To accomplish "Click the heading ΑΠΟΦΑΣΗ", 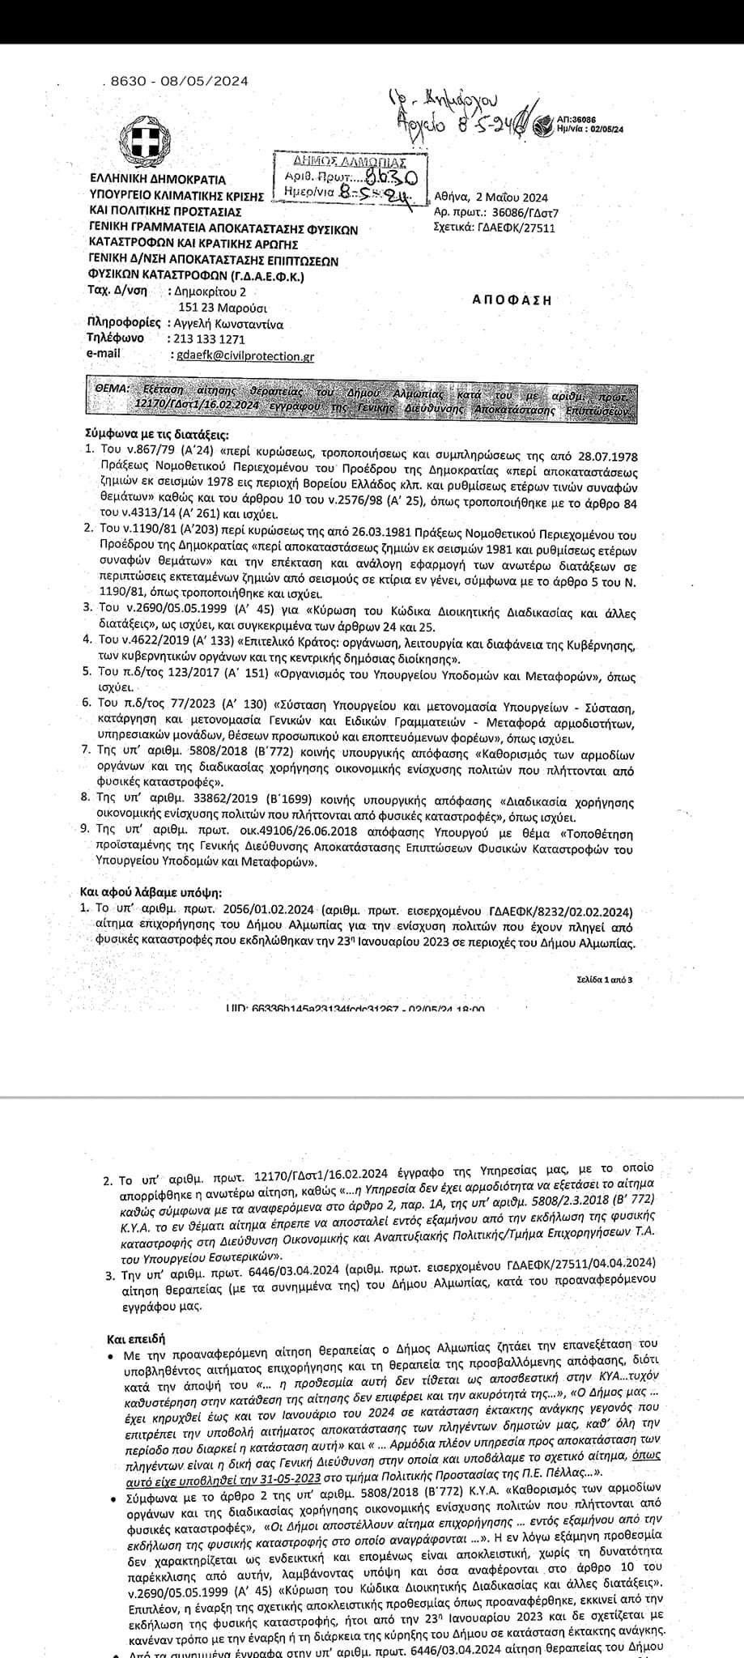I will pos(512,300).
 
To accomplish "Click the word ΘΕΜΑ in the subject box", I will pos(112,389).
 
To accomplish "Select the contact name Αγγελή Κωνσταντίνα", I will pos(230,323).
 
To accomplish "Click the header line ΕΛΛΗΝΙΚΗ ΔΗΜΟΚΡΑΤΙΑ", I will pos(157,180).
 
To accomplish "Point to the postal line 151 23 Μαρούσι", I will pos(223,308).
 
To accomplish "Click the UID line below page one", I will pos(356,1009).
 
